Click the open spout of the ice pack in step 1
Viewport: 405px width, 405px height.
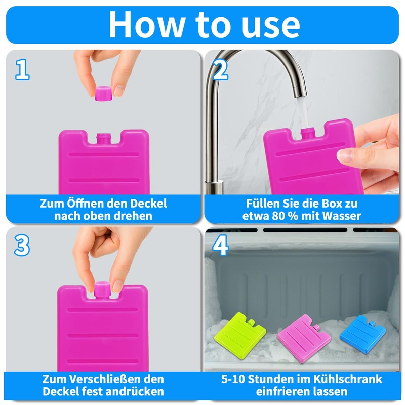(x=103, y=138)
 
